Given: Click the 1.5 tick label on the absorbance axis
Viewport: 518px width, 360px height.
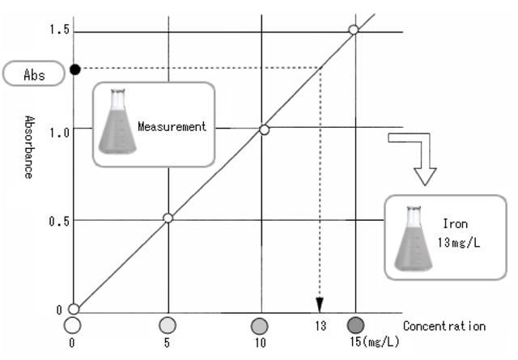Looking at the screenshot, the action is coord(59,29).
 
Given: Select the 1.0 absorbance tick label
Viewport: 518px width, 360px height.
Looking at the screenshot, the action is coord(59,133).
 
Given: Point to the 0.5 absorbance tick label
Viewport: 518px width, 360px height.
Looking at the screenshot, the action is coord(59,221).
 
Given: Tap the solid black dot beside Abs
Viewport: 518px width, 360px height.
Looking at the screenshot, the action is coord(75,70).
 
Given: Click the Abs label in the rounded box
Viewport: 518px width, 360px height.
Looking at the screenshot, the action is coord(34,74).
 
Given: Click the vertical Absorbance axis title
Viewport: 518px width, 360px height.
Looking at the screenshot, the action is coord(29,147).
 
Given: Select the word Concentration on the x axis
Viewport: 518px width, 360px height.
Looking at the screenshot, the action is coord(444,326).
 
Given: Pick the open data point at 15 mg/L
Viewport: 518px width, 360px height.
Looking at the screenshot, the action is coord(354,30).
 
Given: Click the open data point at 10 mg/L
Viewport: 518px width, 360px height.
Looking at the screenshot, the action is coord(265,129).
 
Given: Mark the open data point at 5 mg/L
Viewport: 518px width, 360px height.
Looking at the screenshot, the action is coord(168,218).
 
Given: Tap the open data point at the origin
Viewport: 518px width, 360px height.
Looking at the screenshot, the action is coord(74,309).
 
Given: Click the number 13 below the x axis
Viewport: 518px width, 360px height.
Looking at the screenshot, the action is coord(321,326).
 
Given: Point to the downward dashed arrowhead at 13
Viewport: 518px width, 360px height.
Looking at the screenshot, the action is coord(320,305).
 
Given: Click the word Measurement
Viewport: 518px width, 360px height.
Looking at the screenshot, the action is coord(172,126).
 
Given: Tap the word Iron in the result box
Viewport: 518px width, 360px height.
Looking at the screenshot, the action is coord(455,223).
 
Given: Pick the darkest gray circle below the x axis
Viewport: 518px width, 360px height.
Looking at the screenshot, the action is coord(356,325).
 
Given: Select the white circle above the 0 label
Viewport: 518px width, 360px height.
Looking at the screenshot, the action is coord(72,325).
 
